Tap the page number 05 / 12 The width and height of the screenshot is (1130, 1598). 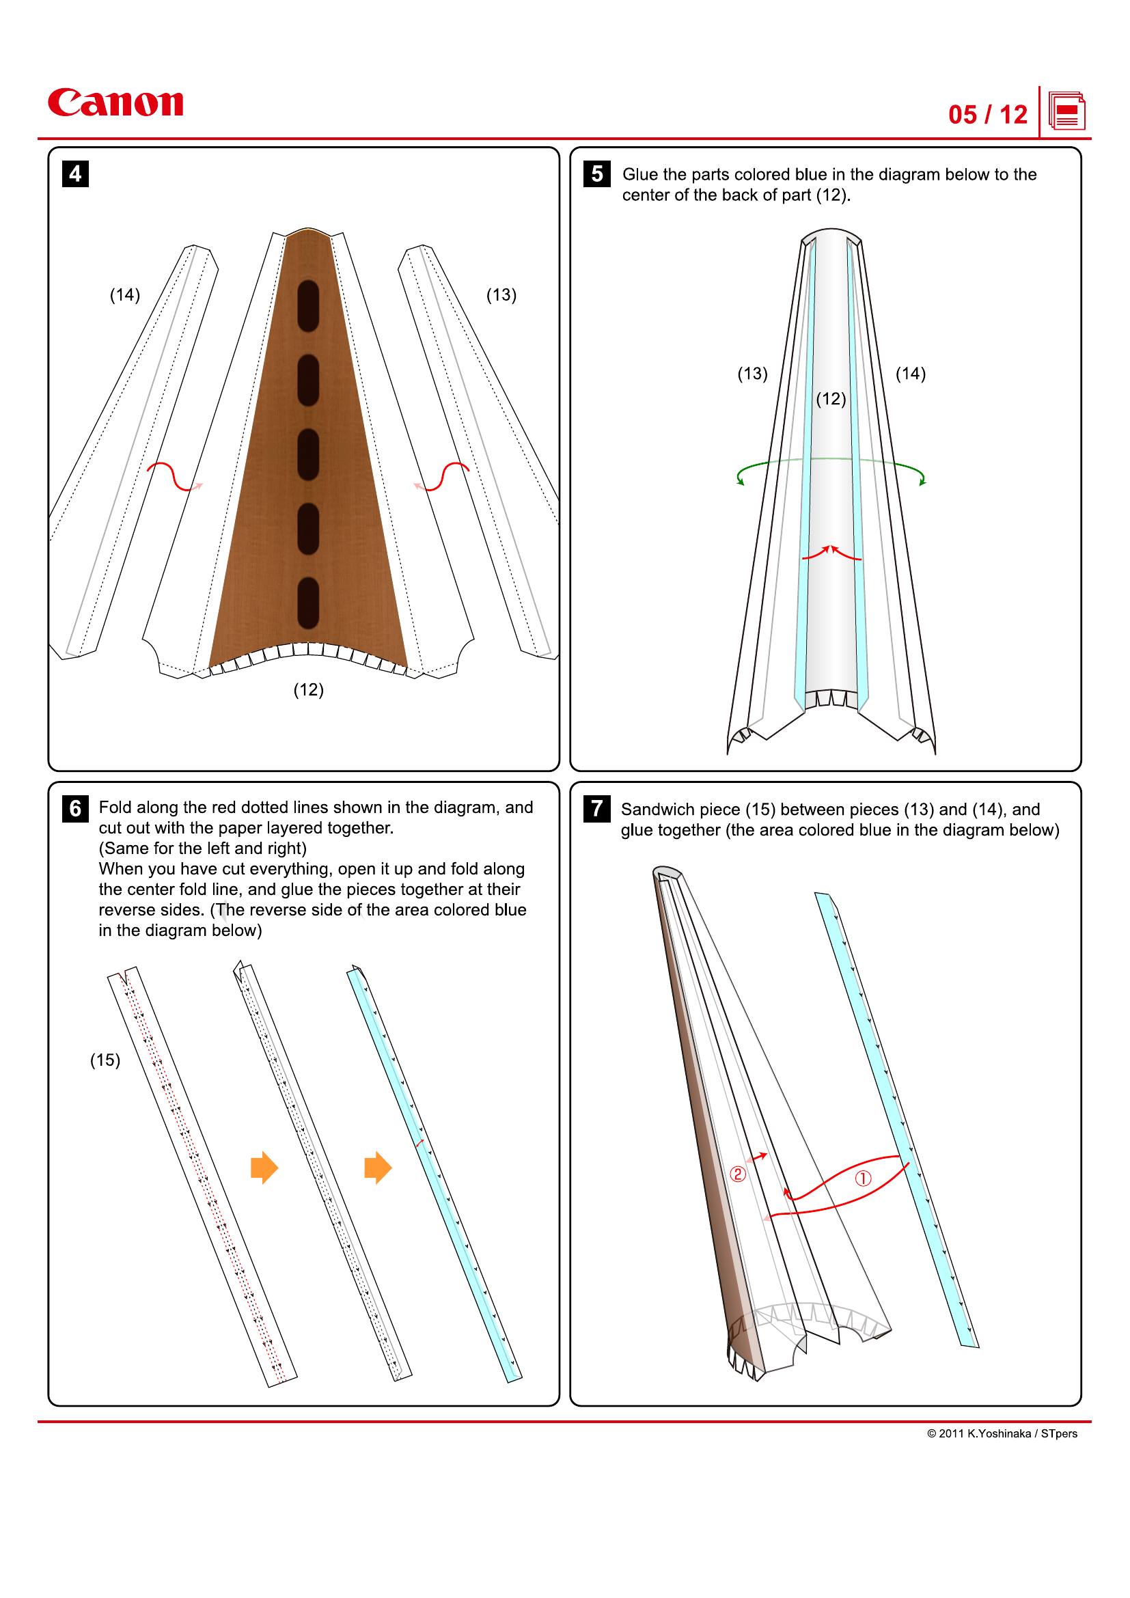pos(987,115)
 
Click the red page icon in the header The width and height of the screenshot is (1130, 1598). pos(1066,111)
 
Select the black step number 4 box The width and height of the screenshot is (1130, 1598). pos(75,174)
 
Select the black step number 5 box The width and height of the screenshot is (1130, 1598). pos(596,174)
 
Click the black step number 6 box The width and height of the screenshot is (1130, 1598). pos(75,808)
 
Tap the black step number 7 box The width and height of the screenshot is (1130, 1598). pos(596,808)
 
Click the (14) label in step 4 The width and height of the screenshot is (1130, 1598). pos(125,295)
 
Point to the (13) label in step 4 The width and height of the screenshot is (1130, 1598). pos(501,295)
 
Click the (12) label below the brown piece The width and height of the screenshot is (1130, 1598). pos(308,690)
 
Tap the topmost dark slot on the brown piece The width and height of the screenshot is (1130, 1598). pos(308,305)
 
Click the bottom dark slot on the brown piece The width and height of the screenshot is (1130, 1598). pos(308,603)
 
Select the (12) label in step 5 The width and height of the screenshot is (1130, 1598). pos(831,399)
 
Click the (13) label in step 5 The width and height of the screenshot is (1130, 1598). pos(752,374)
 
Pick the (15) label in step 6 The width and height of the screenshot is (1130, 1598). pos(105,1060)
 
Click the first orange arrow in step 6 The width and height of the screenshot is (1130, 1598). pos(264,1167)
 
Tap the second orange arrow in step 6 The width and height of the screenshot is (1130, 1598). pos(378,1167)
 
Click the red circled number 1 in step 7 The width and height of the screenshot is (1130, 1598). pos(863,1179)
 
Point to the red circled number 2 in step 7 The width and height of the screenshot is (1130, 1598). pos(738,1174)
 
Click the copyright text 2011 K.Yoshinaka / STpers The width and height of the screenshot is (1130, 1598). pos(1002,1433)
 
